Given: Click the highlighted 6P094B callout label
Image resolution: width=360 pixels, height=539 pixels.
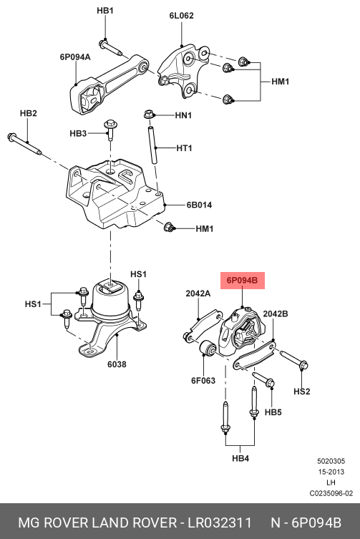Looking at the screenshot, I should click(x=242, y=281).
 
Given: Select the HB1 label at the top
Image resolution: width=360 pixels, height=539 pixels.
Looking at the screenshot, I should click(x=105, y=11).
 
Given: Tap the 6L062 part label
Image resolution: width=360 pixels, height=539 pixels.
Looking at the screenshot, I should click(x=181, y=15).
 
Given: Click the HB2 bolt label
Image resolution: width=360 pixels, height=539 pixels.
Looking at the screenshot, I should click(x=28, y=113).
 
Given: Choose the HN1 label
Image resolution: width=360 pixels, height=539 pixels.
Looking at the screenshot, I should click(x=184, y=114).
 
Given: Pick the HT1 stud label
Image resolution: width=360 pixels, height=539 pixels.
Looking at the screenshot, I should click(x=184, y=148).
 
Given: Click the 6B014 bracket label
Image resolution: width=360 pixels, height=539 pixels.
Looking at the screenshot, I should click(x=199, y=205).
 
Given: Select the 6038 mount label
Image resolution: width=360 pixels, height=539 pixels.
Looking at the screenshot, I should click(x=117, y=364).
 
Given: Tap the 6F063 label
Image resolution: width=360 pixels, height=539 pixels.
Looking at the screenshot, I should click(x=203, y=380).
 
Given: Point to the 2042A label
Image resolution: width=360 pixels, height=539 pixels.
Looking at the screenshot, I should click(x=198, y=293).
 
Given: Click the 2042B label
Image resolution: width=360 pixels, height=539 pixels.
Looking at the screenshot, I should click(x=276, y=314).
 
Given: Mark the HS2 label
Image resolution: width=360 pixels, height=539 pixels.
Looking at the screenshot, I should click(x=302, y=392).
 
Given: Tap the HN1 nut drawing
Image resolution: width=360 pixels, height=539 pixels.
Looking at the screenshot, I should click(x=149, y=114).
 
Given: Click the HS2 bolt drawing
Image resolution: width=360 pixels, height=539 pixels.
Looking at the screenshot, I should click(x=291, y=360).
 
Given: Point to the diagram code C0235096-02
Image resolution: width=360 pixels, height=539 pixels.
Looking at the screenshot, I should click(x=331, y=493).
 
